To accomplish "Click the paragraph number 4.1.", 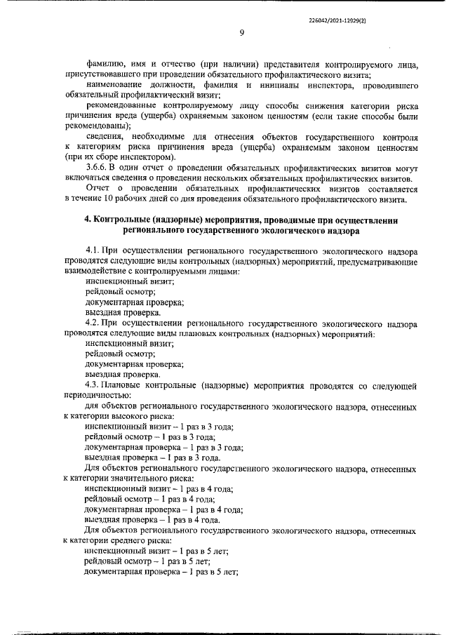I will (x=92, y=250).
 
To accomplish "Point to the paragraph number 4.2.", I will (x=92, y=323).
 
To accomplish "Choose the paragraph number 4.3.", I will (x=92, y=385).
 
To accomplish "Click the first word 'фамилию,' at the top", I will (x=104, y=64).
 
